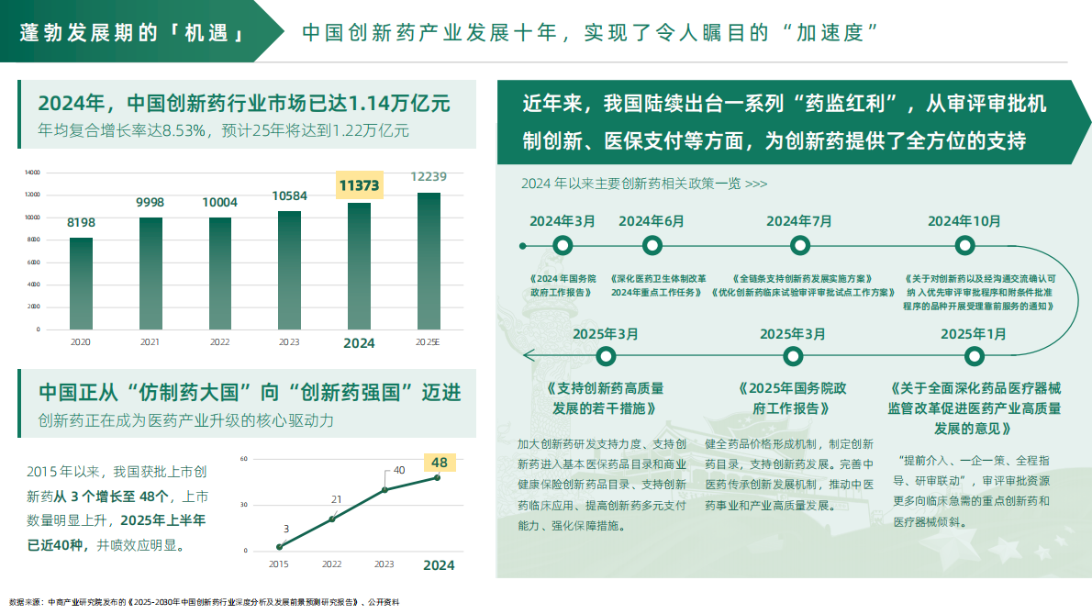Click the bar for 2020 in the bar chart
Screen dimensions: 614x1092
tap(81, 283)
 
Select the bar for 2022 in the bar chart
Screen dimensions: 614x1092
tap(220, 273)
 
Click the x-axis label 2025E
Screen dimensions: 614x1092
tap(429, 342)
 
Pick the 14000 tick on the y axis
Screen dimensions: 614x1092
tap(32, 172)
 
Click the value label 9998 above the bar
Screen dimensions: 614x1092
tap(150, 202)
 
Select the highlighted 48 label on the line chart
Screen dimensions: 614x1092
tap(439, 463)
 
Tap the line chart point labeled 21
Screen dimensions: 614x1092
tap(332, 519)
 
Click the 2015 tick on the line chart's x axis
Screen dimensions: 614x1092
tap(279, 564)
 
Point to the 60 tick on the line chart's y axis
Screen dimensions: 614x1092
tap(244, 458)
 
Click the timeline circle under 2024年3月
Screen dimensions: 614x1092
tap(563, 245)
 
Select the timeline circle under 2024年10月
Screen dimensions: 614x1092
tap(964, 245)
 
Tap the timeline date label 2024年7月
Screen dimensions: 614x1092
tap(799, 221)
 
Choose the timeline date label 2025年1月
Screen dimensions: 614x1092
tap(973, 333)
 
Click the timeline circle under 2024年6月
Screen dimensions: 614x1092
tap(652, 245)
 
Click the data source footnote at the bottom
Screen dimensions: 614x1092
tap(205, 603)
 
